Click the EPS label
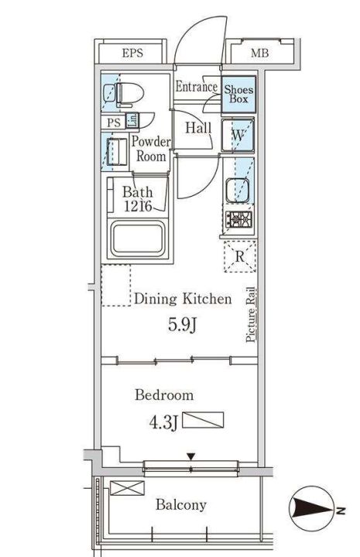click(x=132, y=53)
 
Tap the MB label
click(x=259, y=53)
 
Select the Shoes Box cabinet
click(x=238, y=95)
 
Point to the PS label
click(x=114, y=123)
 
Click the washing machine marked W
click(x=238, y=136)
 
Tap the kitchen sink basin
click(x=238, y=190)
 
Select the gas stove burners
click(x=239, y=219)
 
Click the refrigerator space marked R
click(x=240, y=256)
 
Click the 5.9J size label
click(x=182, y=325)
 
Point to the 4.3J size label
click(x=163, y=422)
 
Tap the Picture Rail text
click(x=251, y=315)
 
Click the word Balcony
click(x=181, y=505)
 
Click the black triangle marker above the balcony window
click(x=191, y=456)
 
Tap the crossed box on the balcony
click(x=127, y=488)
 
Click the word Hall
click(x=198, y=128)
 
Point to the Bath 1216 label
click(x=138, y=199)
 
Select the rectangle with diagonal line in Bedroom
click(x=203, y=420)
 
